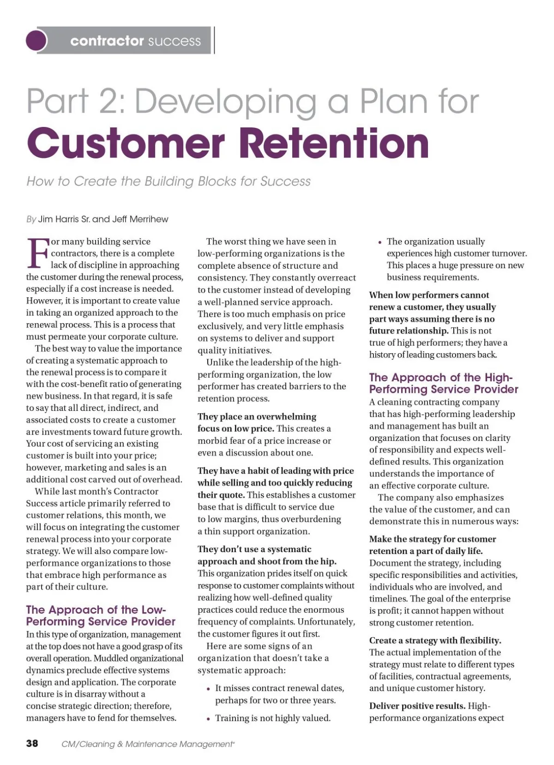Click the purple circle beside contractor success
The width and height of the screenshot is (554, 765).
pyautogui.click(x=36, y=40)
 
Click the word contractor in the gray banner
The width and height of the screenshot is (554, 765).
pyautogui.click(x=107, y=41)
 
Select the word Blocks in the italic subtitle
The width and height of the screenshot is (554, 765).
pyautogui.click(x=215, y=181)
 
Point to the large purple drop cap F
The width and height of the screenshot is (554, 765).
pyautogui.click(x=37, y=253)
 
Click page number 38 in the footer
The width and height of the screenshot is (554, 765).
pyautogui.click(x=32, y=743)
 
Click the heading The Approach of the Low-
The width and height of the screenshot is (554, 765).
pyautogui.click(x=96, y=609)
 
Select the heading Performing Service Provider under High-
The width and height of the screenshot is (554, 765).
pyautogui.click(x=444, y=389)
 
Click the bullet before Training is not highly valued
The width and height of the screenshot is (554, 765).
pyautogui.click(x=208, y=719)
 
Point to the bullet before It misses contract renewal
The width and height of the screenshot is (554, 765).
pyautogui.click(x=208, y=689)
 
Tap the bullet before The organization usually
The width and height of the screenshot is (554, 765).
pyautogui.click(x=379, y=242)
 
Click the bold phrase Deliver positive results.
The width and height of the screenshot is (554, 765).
pyautogui.click(x=417, y=705)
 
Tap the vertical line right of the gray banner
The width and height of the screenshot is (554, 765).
pyautogui.click(x=214, y=40)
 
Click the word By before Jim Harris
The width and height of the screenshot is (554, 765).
pyautogui.click(x=31, y=219)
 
